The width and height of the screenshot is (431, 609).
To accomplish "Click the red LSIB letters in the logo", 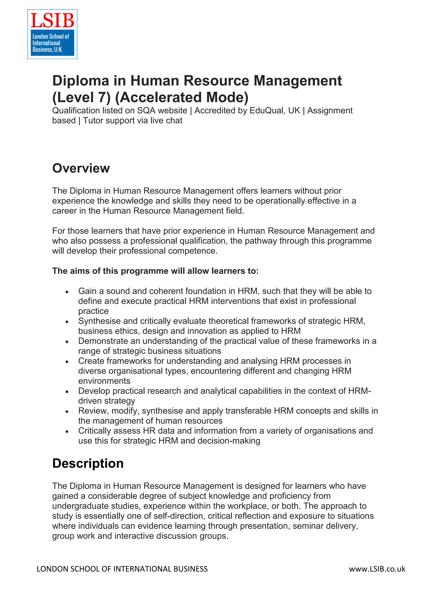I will coord(52,21).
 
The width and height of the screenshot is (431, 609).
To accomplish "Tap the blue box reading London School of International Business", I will coord(52,43).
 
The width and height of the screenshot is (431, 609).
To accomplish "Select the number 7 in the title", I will coord(102,97).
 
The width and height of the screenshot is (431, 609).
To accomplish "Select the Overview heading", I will coord(81,168).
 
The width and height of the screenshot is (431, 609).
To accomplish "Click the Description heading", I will coord(88,463).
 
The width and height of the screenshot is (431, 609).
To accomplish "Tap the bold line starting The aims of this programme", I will coord(155,271).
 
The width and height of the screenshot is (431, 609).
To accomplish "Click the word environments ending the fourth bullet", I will coord(104,381).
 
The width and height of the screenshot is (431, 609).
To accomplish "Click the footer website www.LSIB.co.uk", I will coord(377,569).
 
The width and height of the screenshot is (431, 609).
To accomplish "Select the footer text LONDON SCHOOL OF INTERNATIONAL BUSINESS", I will coord(122,569).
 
